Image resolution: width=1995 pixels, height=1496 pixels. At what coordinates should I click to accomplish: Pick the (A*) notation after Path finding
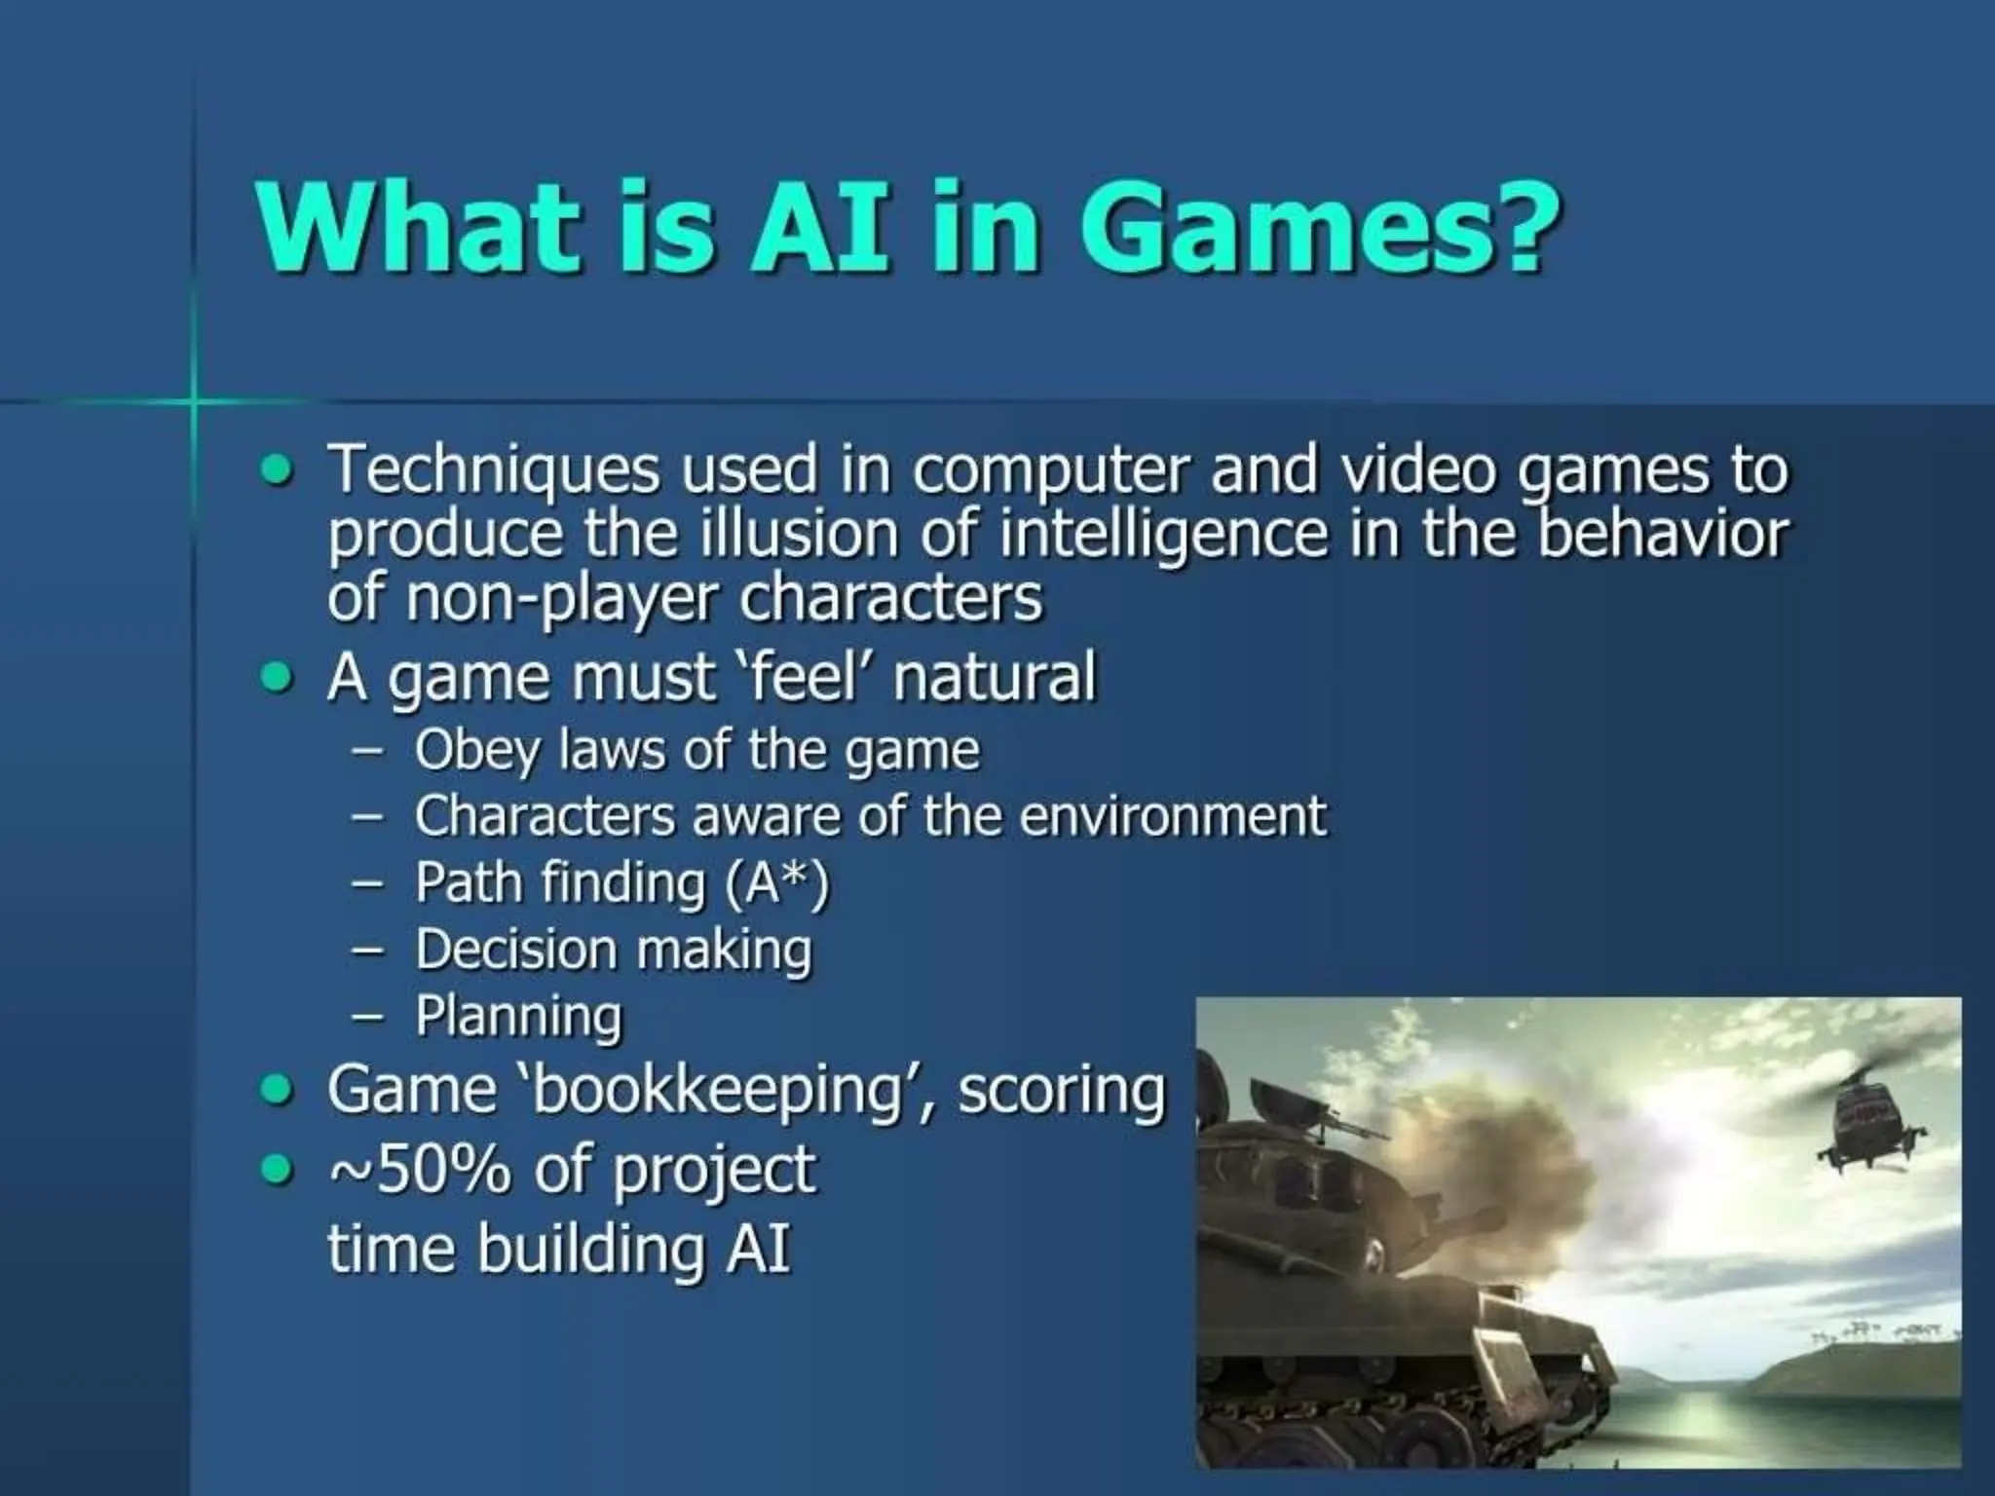pyautogui.click(x=776, y=883)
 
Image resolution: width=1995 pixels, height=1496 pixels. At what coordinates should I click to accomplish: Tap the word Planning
pyautogui.click(x=518, y=1017)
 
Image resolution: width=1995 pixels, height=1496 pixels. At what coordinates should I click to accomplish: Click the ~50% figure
pyautogui.click(x=419, y=1170)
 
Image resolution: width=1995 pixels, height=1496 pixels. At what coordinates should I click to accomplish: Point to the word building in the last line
pyautogui.click(x=590, y=1248)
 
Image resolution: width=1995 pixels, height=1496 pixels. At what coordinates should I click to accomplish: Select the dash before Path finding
pyautogui.click(x=367, y=884)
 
